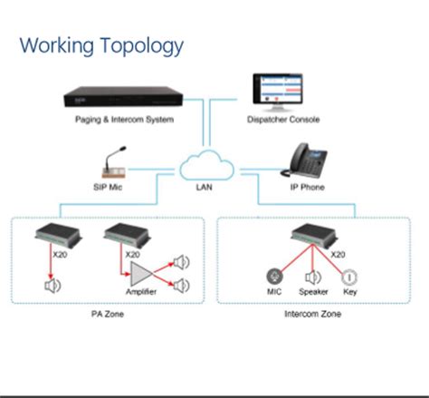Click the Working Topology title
101,44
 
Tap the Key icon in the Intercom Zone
348,277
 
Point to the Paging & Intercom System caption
119,121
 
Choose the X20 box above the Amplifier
121,238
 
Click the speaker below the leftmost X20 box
52,286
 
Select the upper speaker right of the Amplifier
183,262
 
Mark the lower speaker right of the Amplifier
183,286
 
